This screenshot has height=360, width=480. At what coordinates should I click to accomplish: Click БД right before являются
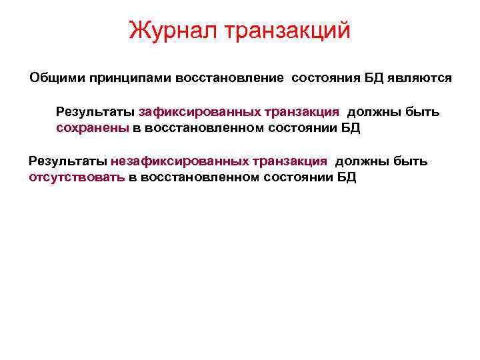374,79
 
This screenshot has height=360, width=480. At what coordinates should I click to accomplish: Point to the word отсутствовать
77,178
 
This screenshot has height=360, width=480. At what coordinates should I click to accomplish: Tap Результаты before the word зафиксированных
95,111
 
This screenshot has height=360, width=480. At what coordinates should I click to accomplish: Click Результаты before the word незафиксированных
68,161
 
